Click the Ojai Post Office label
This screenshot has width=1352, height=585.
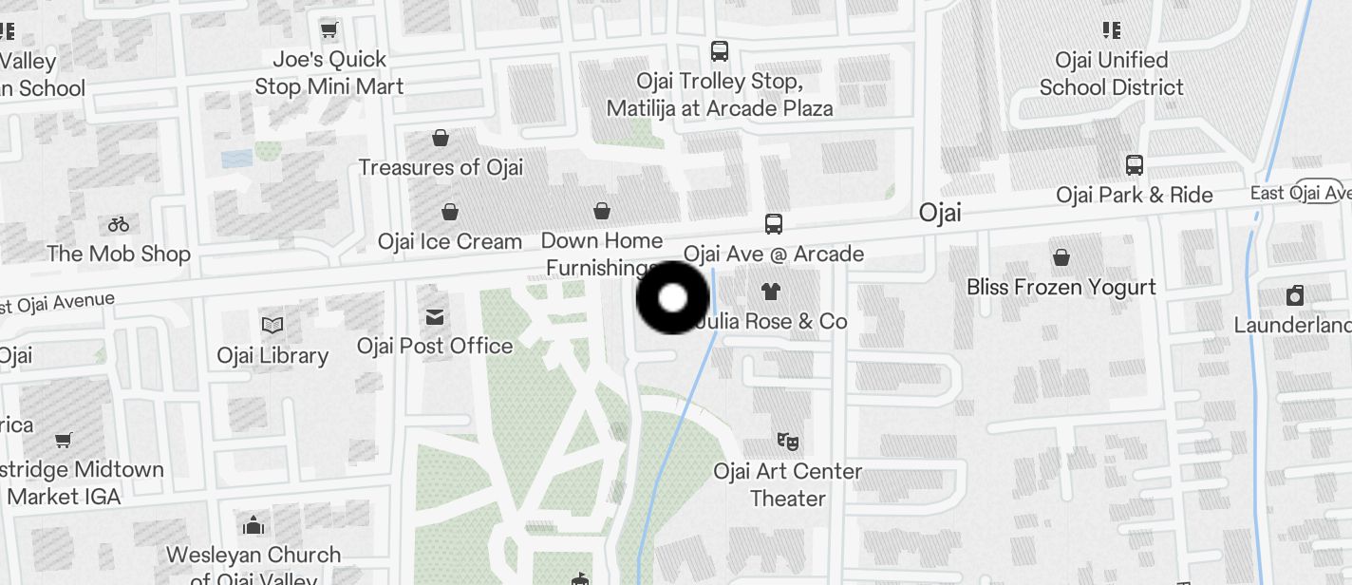435,346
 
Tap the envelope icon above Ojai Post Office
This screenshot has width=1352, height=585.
435,316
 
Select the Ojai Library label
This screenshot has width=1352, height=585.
272,356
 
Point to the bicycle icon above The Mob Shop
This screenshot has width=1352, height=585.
119,225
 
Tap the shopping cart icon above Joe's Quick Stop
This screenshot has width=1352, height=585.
329,30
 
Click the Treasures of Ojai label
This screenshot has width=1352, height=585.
441,167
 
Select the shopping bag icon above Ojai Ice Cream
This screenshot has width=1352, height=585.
449,212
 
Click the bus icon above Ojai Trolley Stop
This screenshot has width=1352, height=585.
720,51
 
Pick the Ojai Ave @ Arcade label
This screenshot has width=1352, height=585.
774,254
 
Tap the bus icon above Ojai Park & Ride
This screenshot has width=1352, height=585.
1134,165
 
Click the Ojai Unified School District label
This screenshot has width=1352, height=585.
1112,74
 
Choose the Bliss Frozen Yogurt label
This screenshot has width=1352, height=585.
1061,287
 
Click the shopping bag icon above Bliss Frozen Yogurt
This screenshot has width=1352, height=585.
1061,257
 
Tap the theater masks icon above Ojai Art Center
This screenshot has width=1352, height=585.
787,442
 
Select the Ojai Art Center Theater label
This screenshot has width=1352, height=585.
787,484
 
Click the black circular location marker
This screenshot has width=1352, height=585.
672,298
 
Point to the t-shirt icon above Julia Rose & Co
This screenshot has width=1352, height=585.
770,292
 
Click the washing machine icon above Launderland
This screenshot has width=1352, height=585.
1294,295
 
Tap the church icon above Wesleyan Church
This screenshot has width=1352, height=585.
253,525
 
